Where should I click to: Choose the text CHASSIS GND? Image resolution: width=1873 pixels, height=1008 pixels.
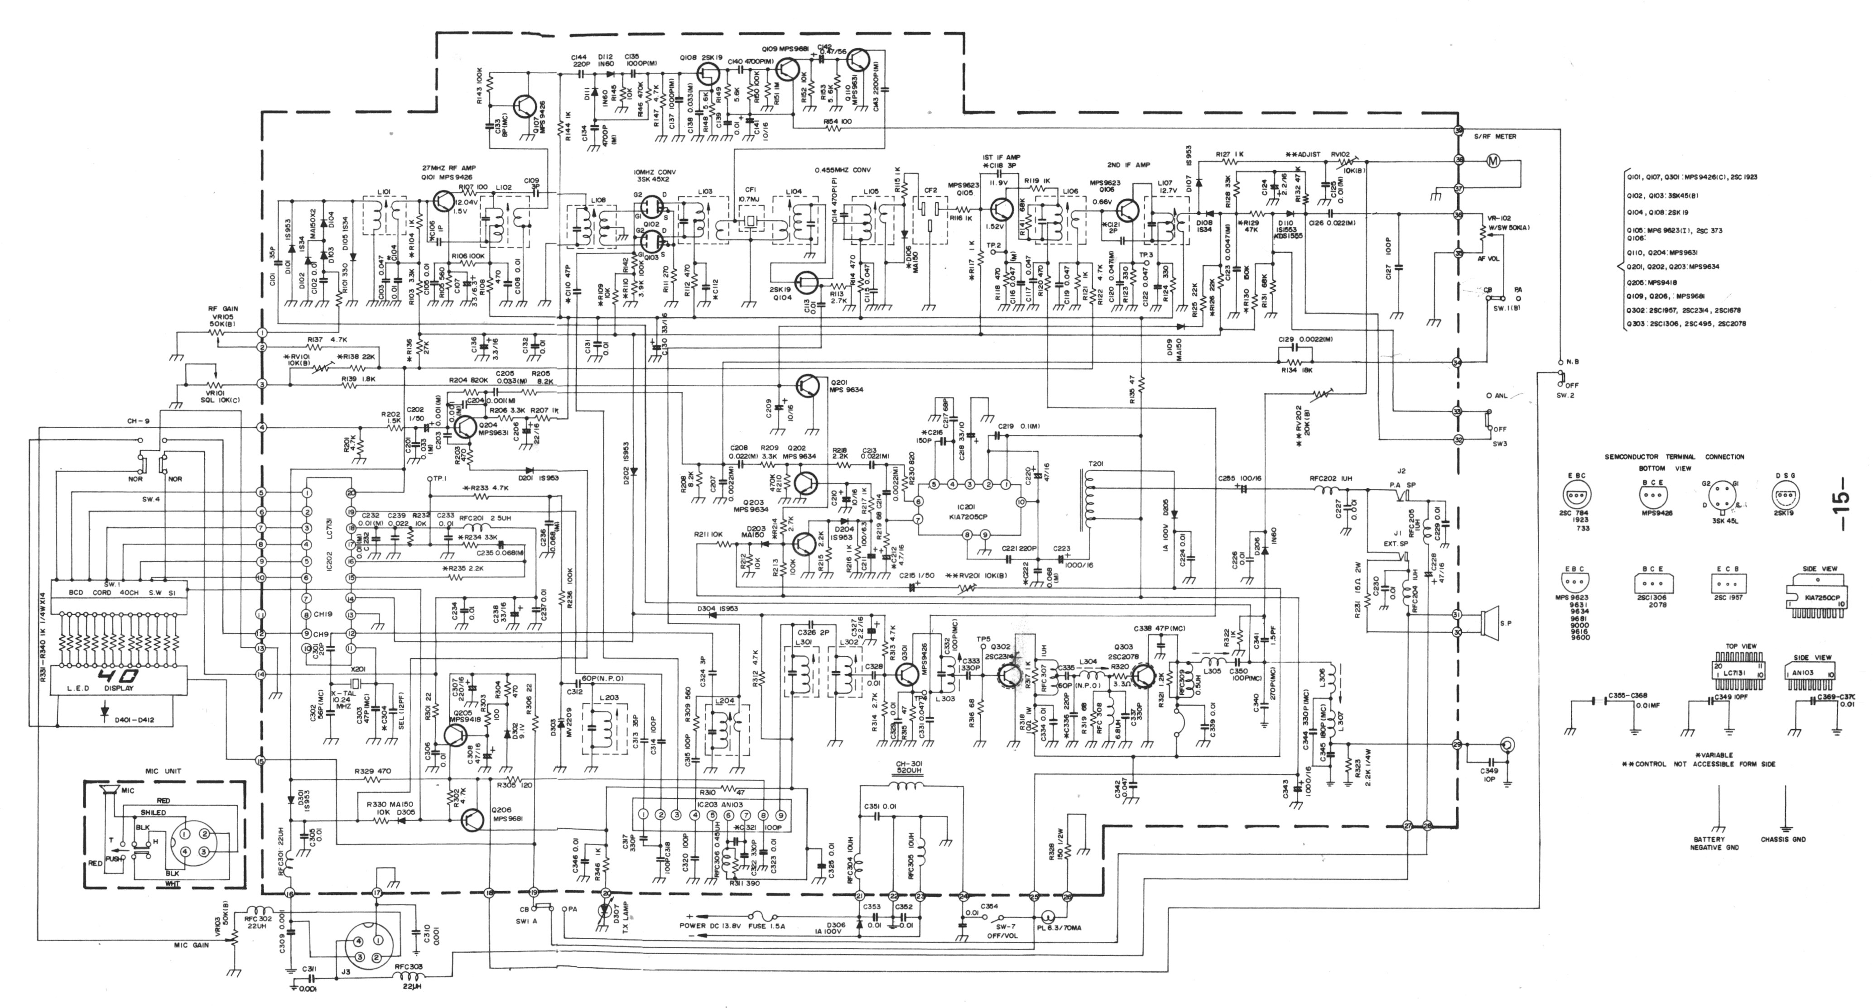pyautogui.click(x=1784, y=839)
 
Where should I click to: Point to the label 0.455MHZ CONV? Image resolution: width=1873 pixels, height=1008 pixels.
pyautogui.click(x=846, y=170)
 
